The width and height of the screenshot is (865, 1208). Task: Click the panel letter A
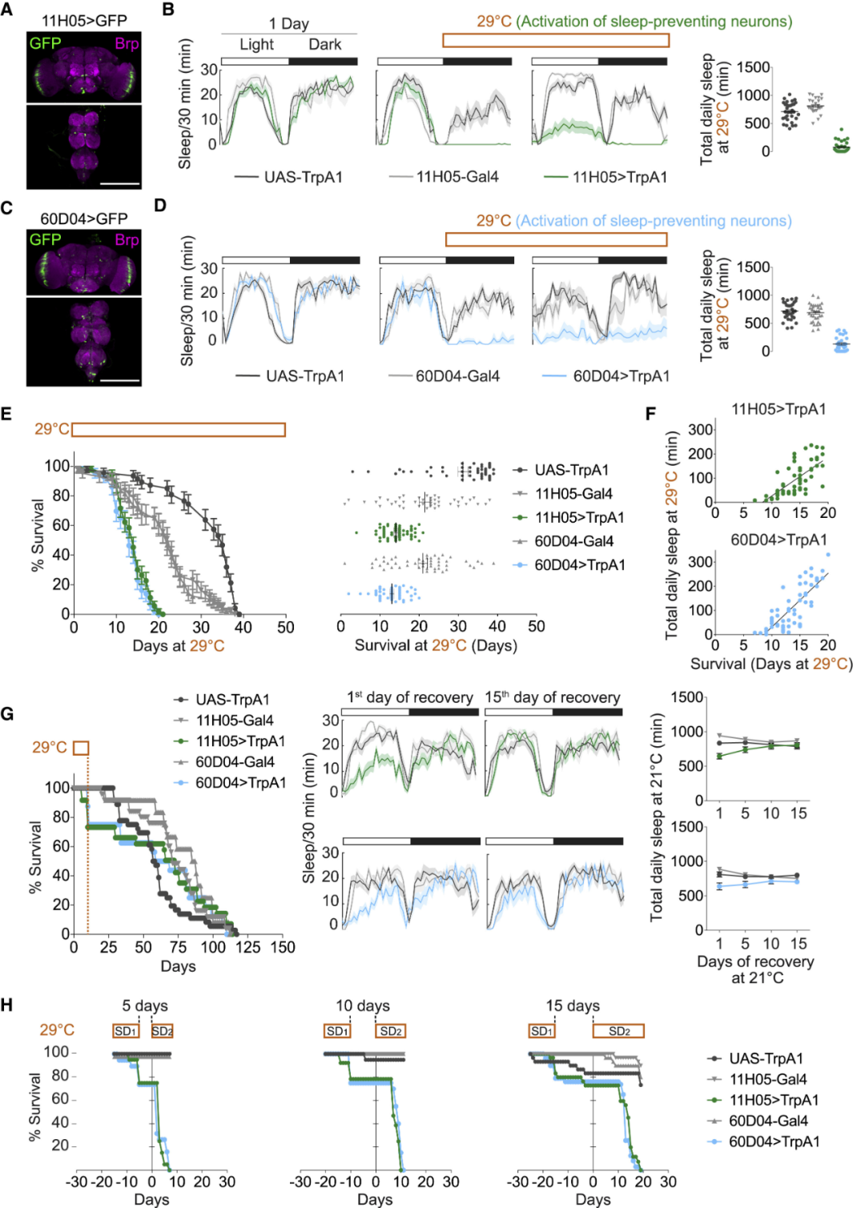tap(6, 10)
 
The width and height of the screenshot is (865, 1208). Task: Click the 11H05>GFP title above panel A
tap(84, 21)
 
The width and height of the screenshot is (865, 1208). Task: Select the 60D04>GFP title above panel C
tap(84, 219)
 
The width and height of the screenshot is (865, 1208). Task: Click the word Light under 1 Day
tap(256, 45)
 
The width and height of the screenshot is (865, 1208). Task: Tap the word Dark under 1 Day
tap(324, 45)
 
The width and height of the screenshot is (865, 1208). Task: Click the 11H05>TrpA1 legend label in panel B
tap(619, 177)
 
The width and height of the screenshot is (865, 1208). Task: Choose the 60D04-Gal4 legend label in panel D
tap(457, 375)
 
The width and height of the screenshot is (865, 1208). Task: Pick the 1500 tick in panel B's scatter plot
tap(754, 68)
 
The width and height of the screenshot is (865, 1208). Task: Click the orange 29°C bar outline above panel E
tap(179, 430)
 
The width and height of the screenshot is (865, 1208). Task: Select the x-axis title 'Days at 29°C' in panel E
tap(178, 646)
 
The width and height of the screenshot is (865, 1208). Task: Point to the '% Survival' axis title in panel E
tap(37, 535)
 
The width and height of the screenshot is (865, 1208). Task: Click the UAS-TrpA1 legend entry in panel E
tap(571, 470)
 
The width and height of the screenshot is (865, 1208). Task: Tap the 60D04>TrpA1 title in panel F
tap(778, 540)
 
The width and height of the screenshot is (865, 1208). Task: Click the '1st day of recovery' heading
tap(409, 697)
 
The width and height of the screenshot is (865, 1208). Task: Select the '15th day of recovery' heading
tap(552, 697)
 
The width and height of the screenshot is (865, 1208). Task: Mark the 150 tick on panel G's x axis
tap(282, 948)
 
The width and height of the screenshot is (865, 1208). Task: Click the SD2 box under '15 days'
tap(618, 1031)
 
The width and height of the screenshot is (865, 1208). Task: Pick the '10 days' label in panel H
tap(363, 1005)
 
